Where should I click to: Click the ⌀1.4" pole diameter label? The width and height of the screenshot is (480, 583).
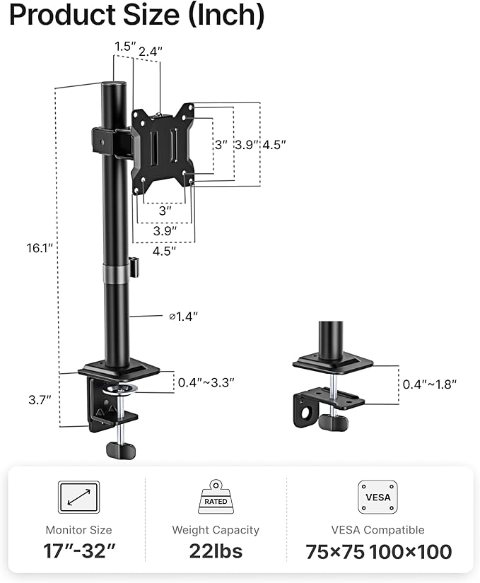pos(183,316)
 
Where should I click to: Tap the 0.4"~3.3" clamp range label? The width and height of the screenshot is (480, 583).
pos(206,382)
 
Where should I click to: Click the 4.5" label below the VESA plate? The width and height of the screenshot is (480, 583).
pos(164,249)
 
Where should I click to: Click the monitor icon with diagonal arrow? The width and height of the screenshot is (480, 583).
pos(79,498)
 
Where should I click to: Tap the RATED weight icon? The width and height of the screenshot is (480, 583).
pos(216,497)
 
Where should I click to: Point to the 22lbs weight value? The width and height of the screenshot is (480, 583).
pos(216,551)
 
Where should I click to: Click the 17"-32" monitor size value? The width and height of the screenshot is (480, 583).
pos(79,551)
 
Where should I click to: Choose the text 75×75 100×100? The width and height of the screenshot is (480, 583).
pos(379,551)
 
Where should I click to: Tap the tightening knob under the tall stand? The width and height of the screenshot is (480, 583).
pos(119,448)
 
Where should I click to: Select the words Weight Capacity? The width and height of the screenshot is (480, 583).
pos(216,529)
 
